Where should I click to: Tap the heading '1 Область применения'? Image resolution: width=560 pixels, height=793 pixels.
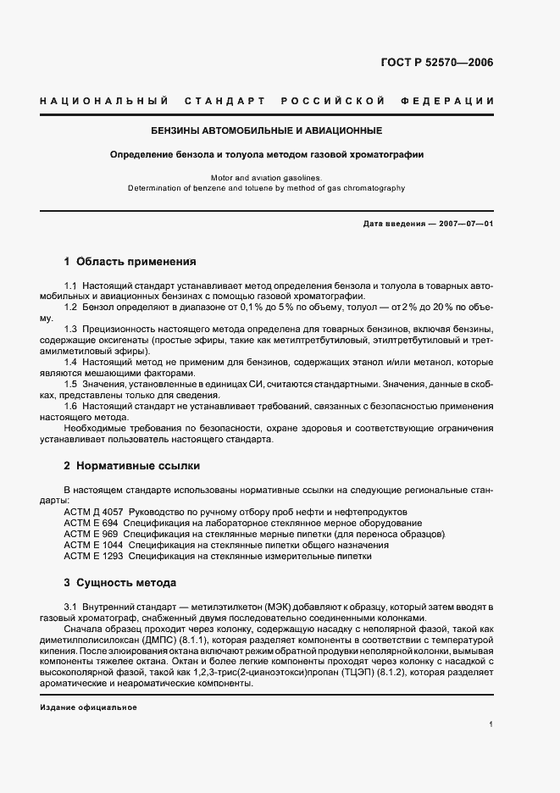(130, 262)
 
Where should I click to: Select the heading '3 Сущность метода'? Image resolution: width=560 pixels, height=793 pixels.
(120, 583)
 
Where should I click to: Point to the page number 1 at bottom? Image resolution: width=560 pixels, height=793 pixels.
(491, 724)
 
